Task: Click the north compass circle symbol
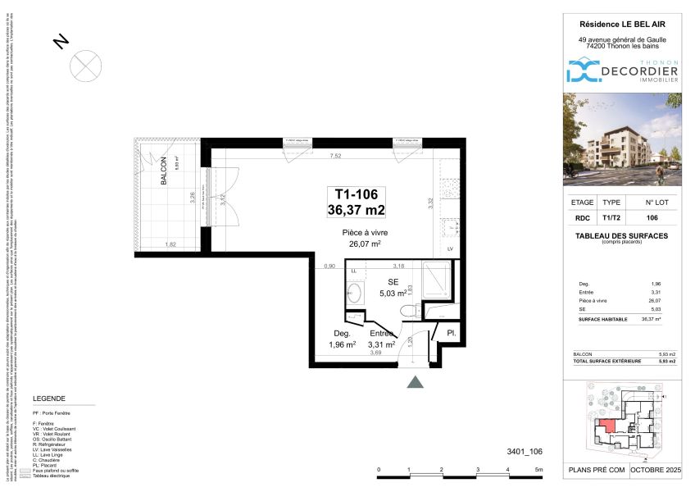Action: pyautogui.click(x=86, y=64)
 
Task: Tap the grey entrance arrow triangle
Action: pyautogui.click(x=416, y=381)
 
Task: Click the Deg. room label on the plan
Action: pyautogui.click(x=342, y=334)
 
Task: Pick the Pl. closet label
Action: pyautogui.click(x=451, y=333)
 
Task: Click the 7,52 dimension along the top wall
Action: pyautogui.click(x=335, y=156)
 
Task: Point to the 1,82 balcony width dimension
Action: pyautogui.click(x=170, y=244)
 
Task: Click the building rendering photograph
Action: pyautogui.click(x=621, y=139)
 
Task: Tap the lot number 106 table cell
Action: pyautogui.click(x=652, y=218)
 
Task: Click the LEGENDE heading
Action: pyautogui.click(x=48, y=399)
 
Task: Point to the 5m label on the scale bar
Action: pyautogui.click(x=538, y=470)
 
